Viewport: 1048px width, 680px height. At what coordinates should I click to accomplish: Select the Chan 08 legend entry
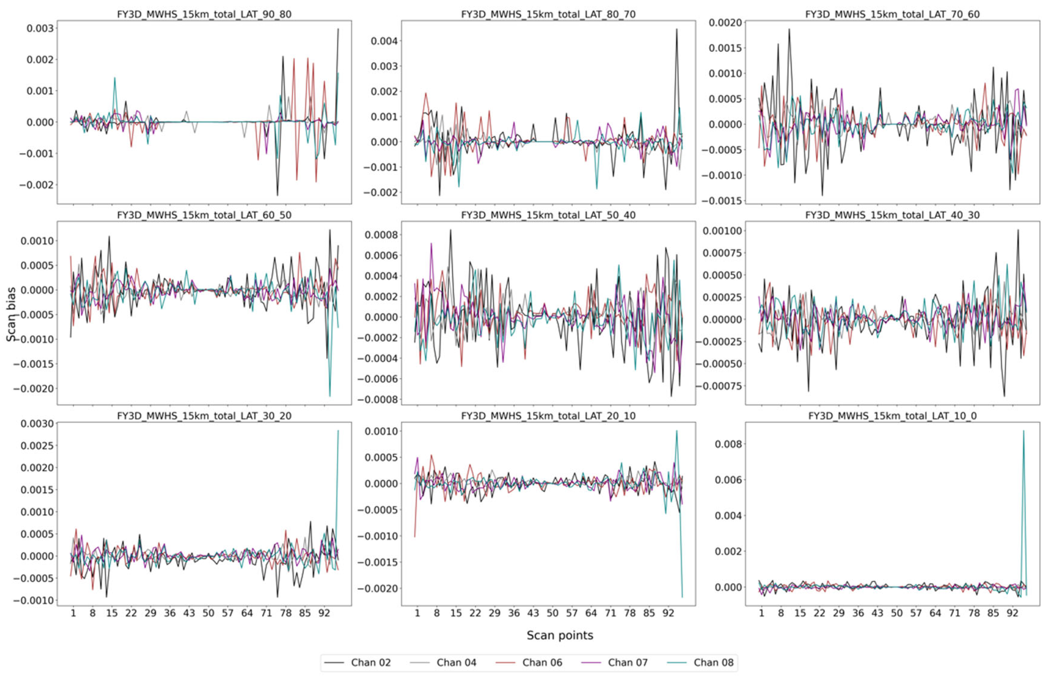[x=713, y=662]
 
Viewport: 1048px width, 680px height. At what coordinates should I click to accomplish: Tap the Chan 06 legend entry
[x=542, y=662]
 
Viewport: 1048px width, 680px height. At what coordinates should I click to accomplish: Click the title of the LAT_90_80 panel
[x=204, y=14]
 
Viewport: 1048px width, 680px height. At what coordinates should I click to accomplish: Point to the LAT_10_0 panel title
[x=892, y=415]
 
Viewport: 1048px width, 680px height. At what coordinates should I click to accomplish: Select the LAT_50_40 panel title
[x=548, y=215]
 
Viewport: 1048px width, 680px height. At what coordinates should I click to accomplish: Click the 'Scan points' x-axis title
[x=560, y=635]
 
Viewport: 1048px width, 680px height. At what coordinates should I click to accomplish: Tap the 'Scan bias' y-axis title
[x=11, y=314]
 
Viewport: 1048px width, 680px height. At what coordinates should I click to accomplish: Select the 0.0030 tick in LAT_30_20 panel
[x=37, y=423]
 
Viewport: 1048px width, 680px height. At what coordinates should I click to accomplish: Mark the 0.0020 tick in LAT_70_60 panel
[x=725, y=23]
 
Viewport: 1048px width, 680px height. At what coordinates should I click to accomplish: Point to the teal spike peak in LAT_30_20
[x=338, y=430]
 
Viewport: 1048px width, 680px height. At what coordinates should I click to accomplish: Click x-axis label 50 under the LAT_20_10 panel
[x=552, y=613]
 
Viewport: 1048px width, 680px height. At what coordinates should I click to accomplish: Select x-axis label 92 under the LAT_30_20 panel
[x=324, y=613]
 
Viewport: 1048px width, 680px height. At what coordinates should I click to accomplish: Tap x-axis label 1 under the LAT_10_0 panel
[x=761, y=613]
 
